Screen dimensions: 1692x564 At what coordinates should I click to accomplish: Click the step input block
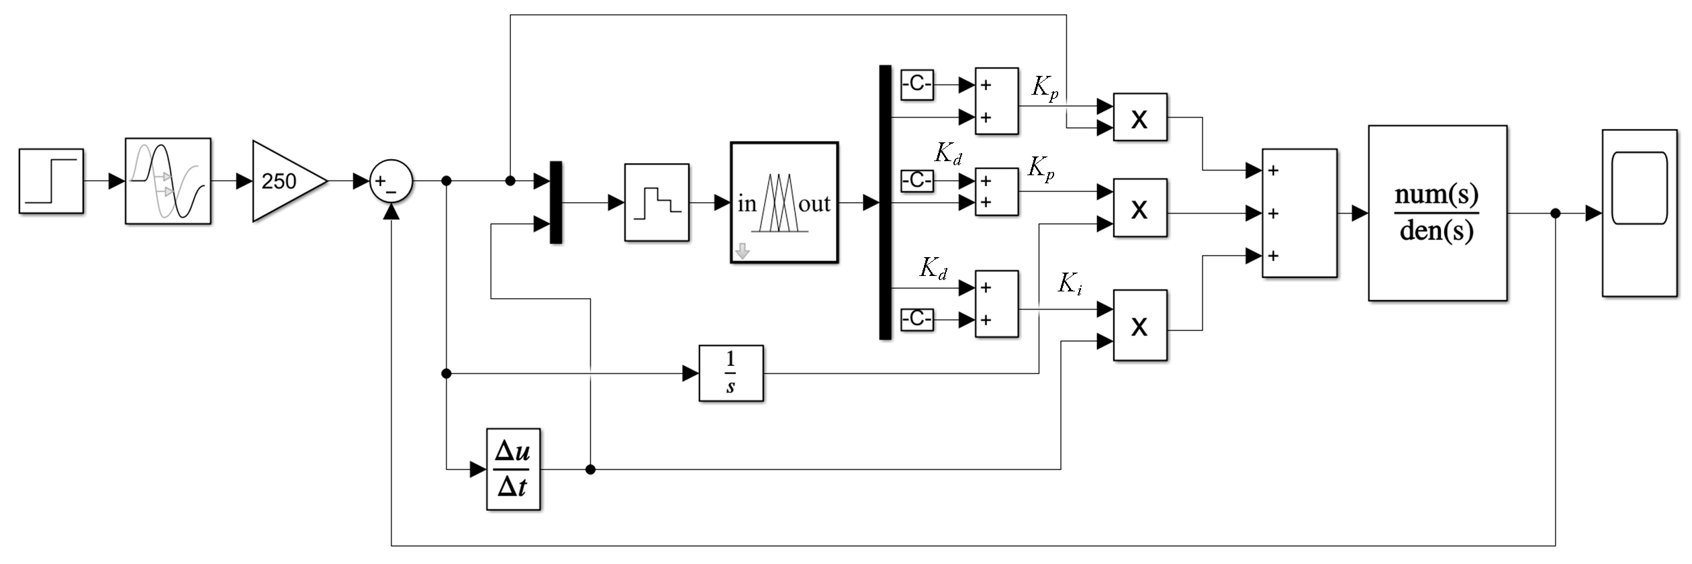(x=51, y=181)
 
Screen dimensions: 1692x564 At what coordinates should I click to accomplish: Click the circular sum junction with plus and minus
(x=391, y=181)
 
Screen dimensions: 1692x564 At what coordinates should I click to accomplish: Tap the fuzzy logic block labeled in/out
(x=784, y=202)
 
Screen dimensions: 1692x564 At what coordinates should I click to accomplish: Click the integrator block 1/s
(x=731, y=373)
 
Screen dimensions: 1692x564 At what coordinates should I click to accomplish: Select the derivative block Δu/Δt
(x=513, y=469)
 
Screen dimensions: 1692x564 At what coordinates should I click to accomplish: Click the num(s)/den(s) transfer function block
(x=1438, y=213)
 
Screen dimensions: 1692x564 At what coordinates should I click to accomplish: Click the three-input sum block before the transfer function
(x=1299, y=213)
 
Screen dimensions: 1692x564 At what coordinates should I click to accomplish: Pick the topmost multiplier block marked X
(x=1140, y=117)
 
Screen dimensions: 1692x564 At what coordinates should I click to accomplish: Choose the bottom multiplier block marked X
(x=1140, y=325)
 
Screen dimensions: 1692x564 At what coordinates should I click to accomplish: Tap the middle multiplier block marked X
(x=1140, y=207)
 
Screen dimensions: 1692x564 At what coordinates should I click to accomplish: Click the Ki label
(x=1070, y=283)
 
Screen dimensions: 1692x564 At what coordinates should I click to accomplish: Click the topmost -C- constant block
(x=917, y=85)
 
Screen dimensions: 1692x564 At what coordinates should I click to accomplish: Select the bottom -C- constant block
(x=917, y=319)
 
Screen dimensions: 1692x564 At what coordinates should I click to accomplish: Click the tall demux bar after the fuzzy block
(x=885, y=202)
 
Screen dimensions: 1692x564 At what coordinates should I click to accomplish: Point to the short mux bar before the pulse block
(x=555, y=202)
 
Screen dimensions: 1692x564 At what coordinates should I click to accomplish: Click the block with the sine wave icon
(x=168, y=181)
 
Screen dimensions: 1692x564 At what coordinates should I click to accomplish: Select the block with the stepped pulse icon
(x=657, y=202)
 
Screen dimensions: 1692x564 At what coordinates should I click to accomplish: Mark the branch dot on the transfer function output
(x=1555, y=214)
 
